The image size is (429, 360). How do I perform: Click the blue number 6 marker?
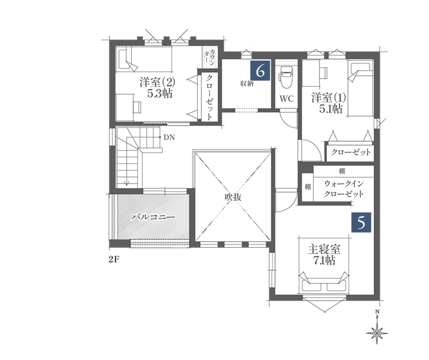click(x=260, y=71)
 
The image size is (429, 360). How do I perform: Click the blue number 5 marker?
click(x=361, y=222)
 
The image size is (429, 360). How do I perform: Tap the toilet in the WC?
click(x=286, y=78)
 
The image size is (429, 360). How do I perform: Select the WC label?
click(x=287, y=99)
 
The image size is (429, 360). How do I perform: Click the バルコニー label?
click(x=153, y=217)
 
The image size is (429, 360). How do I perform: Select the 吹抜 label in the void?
click(x=233, y=197)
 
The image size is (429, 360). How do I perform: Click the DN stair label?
click(x=169, y=137)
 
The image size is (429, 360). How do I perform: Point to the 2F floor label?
click(x=115, y=259)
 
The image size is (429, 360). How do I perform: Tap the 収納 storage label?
click(x=247, y=84)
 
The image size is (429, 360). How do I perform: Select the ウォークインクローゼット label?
click(x=344, y=189)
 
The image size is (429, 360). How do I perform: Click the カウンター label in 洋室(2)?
click(x=210, y=57)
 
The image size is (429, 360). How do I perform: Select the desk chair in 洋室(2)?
click(x=137, y=107)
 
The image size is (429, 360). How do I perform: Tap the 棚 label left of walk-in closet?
click(x=308, y=187)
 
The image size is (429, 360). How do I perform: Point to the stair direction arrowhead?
click(x=127, y=184)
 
